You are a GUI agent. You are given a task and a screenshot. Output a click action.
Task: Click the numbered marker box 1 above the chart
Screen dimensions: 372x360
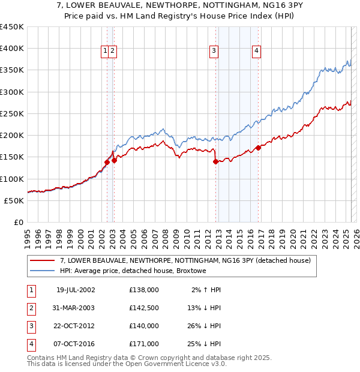[x=105, y=51]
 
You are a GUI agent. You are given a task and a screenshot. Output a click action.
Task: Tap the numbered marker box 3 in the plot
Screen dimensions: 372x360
[x=214, y=51]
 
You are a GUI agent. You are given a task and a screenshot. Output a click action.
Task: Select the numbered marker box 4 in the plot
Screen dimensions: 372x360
[x=256, y=51]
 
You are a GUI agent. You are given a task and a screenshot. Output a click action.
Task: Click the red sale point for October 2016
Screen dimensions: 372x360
[x=258, y=148]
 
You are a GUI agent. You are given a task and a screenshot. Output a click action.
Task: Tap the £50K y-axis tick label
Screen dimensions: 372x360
[x=14, y=200]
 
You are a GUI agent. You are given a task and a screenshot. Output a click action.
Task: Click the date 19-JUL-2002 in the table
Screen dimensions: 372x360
[x=76, y=290]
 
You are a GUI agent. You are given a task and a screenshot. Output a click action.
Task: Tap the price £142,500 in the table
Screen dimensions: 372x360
[x=143, y=308]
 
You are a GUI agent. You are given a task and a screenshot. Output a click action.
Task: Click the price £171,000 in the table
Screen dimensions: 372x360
[x=143, y=344]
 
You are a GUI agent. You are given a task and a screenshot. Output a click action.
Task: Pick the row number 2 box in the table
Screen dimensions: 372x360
[x=30, y=308]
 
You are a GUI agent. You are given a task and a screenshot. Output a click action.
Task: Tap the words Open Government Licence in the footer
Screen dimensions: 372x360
[x=177, y=364]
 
